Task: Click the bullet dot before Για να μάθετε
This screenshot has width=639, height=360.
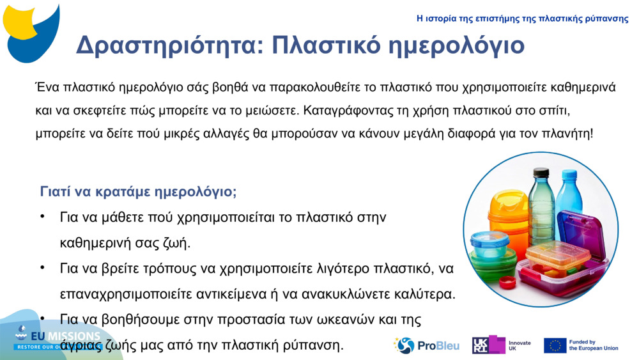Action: [42, 217]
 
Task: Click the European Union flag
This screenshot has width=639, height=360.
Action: [555, 345]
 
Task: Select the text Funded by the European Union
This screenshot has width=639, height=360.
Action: [593, 345]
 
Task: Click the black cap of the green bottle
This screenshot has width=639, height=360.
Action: [541, 173]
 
